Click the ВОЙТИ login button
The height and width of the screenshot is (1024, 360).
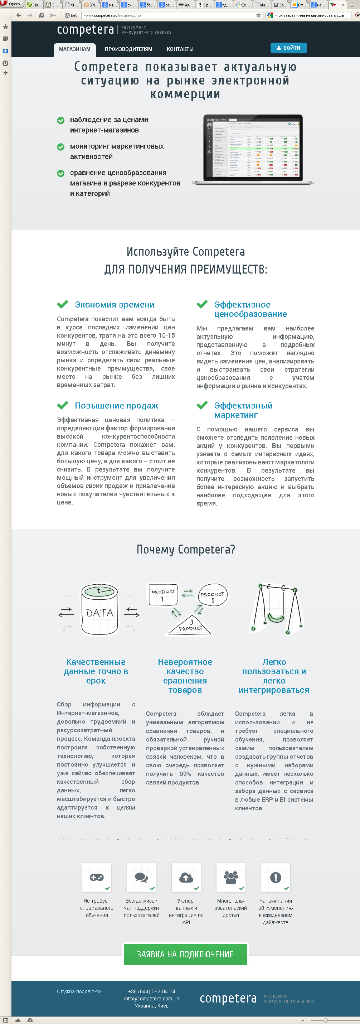click(x=288, y=48)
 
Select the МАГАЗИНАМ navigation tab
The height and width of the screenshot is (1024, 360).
click(x=75, y=49)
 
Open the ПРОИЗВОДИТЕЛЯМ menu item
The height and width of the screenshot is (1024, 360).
click(x=128, y=49)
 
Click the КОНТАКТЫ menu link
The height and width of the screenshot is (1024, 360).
click(x=180, y=49)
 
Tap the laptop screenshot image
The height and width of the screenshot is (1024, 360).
click(x=253, y=149)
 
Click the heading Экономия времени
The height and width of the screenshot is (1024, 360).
click(x=115, y=305)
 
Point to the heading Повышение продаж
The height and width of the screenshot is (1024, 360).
click(x=116, y=406)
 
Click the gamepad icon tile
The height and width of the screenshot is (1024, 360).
click(x=97, y=877)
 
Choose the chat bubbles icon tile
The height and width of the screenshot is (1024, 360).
click(x=141, y=877)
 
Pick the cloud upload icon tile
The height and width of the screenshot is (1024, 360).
click(x=186, y=877)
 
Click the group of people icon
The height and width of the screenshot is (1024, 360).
click(x=231, y=877)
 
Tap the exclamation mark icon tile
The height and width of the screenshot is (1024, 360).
click(x=275, y=877)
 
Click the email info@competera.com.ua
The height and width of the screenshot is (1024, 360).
click(x=151, y=999)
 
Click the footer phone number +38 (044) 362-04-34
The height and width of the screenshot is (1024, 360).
click(x=151, y=991)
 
